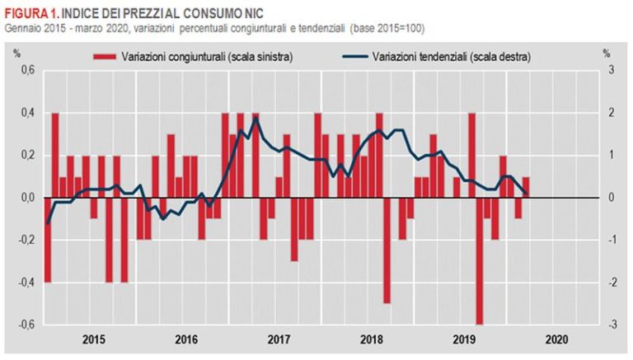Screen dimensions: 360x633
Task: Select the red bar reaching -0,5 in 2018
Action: (387, 250)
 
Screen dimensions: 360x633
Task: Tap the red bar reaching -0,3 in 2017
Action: (294, 229)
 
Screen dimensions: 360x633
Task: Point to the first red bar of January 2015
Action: (48, 240)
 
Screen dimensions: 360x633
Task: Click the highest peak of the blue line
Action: (256, 117)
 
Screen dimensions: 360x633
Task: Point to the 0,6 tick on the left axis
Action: (26, 70)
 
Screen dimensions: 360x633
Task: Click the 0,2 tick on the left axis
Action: (26, 155)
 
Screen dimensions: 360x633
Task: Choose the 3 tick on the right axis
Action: (611, 70)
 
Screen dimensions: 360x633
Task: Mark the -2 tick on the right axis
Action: (610, 283)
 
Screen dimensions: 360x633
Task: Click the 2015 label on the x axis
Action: (94, 339)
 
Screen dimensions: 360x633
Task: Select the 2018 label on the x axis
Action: (372, 339)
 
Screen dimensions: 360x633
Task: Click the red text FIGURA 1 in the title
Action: (30, 12)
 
